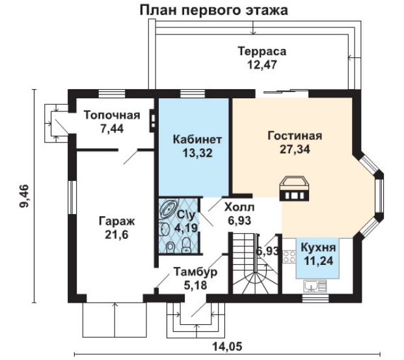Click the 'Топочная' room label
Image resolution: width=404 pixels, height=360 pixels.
point(113,115)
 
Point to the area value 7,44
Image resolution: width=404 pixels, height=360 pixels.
point(113,128)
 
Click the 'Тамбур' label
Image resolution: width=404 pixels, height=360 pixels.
point(195,271)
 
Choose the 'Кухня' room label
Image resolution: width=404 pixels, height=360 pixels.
point(318,249)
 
